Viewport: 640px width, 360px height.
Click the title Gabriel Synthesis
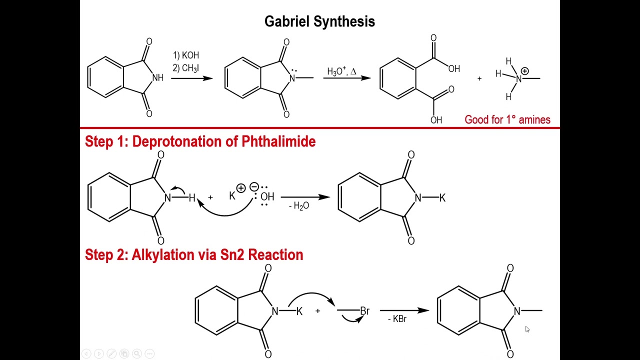coord(319,21)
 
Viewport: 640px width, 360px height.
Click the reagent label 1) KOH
coord(186,55)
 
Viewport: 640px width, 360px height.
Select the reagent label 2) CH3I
coord(185,68)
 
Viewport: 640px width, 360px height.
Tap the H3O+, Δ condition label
coord(341,71)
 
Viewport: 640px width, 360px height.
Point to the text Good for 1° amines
coord(507,119)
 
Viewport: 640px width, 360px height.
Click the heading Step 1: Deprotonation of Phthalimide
coord(200,141)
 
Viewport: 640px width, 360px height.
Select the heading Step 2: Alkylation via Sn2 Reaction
coord(194,254)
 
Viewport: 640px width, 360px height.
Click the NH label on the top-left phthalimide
coord(157,78)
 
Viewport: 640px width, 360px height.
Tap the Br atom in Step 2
coord(364,311)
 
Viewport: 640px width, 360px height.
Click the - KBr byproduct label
coord(397,319)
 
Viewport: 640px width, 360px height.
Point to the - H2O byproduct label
coord(299,206)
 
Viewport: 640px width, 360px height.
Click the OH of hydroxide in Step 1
coord(267,197)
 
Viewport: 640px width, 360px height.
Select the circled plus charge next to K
coord(241,188)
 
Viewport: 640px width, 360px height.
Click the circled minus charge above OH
coord(254,187)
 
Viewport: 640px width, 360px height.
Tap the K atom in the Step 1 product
coord(442,198)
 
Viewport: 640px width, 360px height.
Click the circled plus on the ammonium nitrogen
coord(524,71)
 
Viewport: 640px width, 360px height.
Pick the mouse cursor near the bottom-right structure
coord(527,329)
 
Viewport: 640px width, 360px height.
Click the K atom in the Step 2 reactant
coord(299,311)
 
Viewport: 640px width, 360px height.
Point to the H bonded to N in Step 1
coord(192,198)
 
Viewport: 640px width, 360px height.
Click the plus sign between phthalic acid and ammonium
coord(479,78)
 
